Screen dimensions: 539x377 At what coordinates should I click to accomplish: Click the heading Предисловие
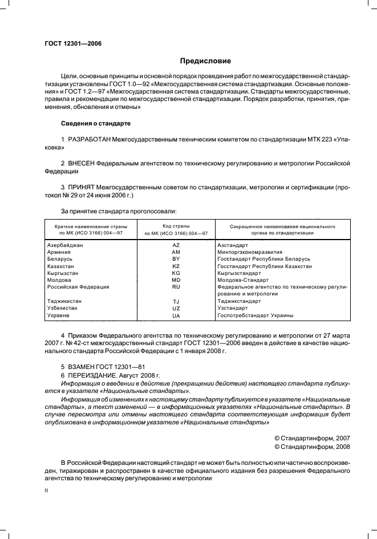205,61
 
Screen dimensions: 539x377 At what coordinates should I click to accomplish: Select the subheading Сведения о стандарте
96,123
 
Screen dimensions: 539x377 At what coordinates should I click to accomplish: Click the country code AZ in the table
176,245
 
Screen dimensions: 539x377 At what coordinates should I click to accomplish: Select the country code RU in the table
176,287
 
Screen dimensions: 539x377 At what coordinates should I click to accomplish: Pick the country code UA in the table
176,315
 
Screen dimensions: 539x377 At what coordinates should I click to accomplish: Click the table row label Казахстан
60,266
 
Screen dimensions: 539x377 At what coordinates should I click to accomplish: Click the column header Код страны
176,226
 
